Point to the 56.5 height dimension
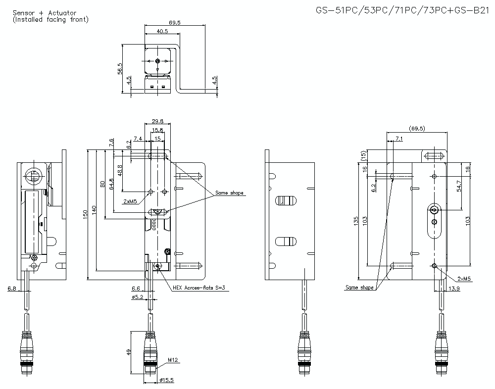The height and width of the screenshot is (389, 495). pyautogui.click(x=119, y=68)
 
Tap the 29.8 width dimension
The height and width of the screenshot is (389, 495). pyautogui.click(x=158, y=121)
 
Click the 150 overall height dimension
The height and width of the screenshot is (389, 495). pyautogui.click(x=85, y=213)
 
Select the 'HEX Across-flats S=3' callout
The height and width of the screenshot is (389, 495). pyautogui.click(x=200, y=288)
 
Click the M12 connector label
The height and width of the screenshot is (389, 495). pyautogui.click(x=172, y=360)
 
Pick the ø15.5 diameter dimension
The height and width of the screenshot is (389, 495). pyautogui.click(x=167, y=381)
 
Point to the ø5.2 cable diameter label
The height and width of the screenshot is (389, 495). pyautogui.click(x=137, y=297)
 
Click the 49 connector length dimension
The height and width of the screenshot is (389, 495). pyautogui.click(x=128, y=352)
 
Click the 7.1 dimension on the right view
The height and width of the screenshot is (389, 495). pyautogui.click(x=399, y=140)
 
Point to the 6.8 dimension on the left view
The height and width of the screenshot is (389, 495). pyautogui.click(x=11, y=288)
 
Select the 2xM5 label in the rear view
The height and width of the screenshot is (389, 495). pyautogui.click(x=464, y=279)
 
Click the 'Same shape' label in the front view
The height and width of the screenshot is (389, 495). pyautogui.click(x=229, y=193)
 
